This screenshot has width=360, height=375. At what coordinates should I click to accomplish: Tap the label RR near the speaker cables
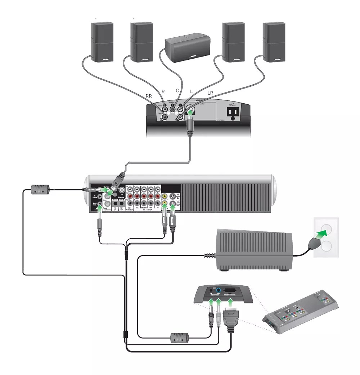coord(148,96)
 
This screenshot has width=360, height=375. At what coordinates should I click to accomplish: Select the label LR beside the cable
coord(210,93)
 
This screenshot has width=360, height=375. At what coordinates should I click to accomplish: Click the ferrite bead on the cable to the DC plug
coord(179,337)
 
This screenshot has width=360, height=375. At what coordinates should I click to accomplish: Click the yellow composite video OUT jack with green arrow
coord(165,204)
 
